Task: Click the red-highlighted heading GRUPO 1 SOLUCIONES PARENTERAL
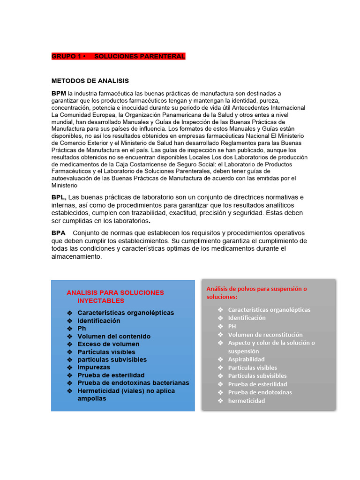coord(118,56)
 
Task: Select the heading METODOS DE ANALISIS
coord(90,81)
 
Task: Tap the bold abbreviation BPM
coord(59,93)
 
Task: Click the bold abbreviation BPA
coord(58,233)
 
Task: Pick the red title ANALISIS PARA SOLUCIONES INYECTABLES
coord(115,296)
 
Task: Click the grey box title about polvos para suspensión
coord(256,292)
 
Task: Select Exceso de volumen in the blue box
coord(108,344)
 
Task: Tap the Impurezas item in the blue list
coord(94,367)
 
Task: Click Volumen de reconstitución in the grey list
coord(265,335)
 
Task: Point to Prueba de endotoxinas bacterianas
coord(133,383)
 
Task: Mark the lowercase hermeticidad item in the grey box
coord(247,401)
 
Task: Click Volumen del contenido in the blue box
coord(114,337)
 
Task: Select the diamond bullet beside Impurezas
coord(69,367)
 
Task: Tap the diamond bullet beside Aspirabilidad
coord(220,360)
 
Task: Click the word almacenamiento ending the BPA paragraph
coord(76,256)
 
